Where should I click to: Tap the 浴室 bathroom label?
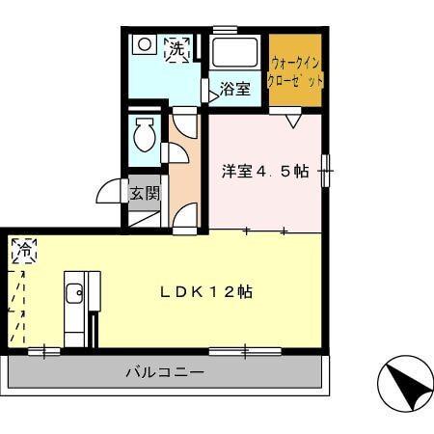[235, 89]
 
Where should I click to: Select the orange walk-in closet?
[295, 69]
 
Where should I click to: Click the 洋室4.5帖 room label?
[264, 172]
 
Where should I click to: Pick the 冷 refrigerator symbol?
[23, 251]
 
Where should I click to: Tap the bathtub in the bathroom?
[235, 53]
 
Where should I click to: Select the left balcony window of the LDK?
[43, 350]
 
